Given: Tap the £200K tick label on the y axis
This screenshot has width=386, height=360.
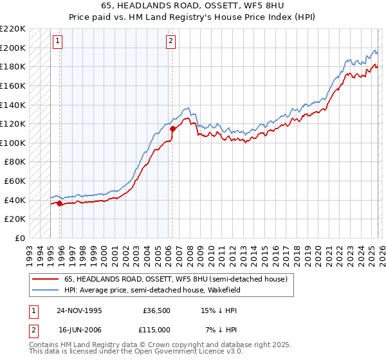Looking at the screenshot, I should [13, 48].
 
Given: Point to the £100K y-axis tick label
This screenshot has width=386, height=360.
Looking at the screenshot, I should [13, 143].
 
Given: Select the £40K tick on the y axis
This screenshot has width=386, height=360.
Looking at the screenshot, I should [15, 200].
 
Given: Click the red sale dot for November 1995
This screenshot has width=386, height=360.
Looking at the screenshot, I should [60, 204].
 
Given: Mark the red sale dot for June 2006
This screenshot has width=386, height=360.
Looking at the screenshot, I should [172, 129].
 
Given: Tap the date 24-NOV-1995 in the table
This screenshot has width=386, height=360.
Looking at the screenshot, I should [79, 310].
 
